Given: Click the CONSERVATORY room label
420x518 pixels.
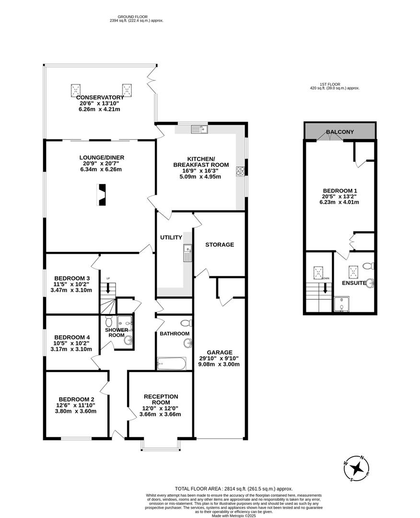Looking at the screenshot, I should pyautogui.click(x=100, y=97).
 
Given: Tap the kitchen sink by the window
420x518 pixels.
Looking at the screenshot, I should pyautogui.click(x=198, y=129).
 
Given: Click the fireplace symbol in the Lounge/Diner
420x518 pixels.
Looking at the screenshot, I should pyautogui.click(x=101, y=195).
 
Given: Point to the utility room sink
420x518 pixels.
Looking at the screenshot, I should pyautogui.click(x=187, y=253).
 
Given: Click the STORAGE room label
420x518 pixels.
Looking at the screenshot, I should pyautogui.click(x=220, y=245).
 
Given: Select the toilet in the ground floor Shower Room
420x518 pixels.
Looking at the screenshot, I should pyautogui.click(x=108, y=319).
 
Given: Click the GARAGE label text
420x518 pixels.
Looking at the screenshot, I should pyautogui.click(x=220, y=352).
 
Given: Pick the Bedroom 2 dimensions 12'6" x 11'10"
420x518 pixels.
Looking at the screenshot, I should pyautogui.click(x=76, y=405).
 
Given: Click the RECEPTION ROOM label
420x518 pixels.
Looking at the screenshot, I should pyautogui.click(x=161, y=399).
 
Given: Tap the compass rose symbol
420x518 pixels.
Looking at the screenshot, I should pyautogui.click(x=357, y=467).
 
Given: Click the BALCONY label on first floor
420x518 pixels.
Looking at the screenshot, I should pyautogui.click(x=339, y=132).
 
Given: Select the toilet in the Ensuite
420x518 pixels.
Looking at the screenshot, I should pyautogui.click(x=367, y=266).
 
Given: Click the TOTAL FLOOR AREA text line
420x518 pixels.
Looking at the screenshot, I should pyautogui.click(x=233, y=488).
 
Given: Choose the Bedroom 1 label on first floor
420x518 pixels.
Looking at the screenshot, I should pyautogui.click(x=339, y=190).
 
